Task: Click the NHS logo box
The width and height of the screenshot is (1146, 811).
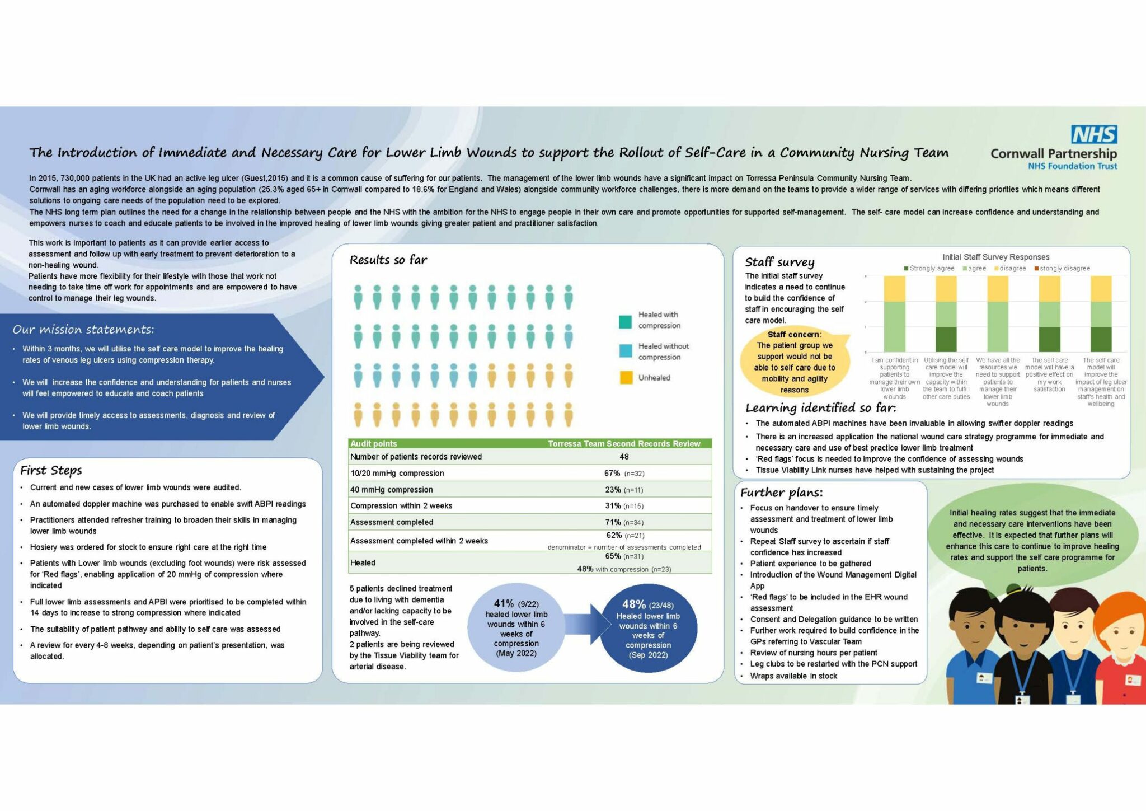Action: pos(1094,135)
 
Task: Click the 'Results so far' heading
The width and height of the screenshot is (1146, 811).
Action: pos(388,260)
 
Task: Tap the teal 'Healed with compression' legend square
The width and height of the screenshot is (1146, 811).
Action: pos(626,321)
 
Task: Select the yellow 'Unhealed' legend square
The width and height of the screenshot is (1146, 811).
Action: pos(626,378)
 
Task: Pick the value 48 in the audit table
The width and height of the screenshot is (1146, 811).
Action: pos(624,457)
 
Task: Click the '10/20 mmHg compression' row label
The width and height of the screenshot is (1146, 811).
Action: pos(397,473)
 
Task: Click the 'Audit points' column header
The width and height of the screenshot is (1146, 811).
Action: pos(373,443)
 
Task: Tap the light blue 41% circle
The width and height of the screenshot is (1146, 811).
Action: pos(516,627)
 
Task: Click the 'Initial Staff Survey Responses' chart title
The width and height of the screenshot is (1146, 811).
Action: pos(995,257)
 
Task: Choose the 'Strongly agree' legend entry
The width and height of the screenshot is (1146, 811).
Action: pos(929,268)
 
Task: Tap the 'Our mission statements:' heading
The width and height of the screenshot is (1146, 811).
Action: pos(83,329)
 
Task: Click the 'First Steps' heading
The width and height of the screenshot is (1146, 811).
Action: pos(51,470)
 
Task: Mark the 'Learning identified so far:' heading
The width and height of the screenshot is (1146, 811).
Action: pos(820,407)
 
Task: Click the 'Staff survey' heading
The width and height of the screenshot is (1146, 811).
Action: pos(779,262)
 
